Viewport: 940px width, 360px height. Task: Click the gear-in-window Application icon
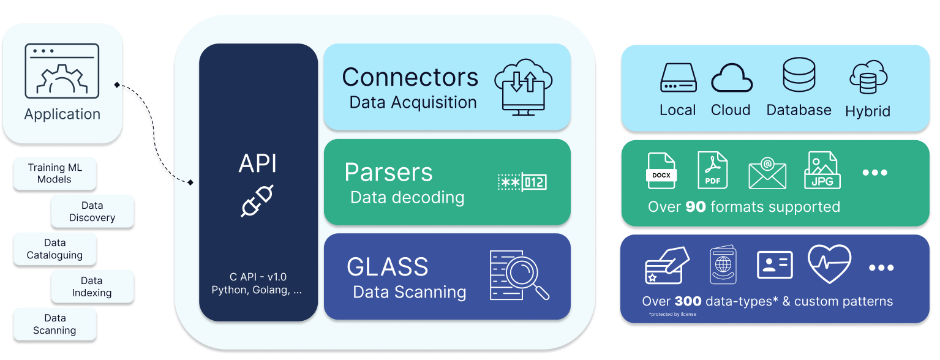pos(62,70)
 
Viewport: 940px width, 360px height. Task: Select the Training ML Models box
pos(55,173)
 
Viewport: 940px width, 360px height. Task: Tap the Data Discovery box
pos(92,211)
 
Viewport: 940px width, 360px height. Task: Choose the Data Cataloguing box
pos(55,249)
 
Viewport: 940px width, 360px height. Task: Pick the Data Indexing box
pos(92,287)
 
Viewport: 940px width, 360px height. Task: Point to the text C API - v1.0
pos(257,277)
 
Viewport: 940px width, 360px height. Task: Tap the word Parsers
pos(388,172)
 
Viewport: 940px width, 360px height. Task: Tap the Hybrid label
pos(868,111)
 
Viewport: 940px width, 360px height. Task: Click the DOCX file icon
pos(661,171)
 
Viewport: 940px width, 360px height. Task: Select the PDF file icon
pos(713,171)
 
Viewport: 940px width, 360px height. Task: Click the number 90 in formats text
pos(695,207)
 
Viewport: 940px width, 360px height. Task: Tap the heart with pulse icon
pos(829,264)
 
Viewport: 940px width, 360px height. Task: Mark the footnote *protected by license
pos(672,315)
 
